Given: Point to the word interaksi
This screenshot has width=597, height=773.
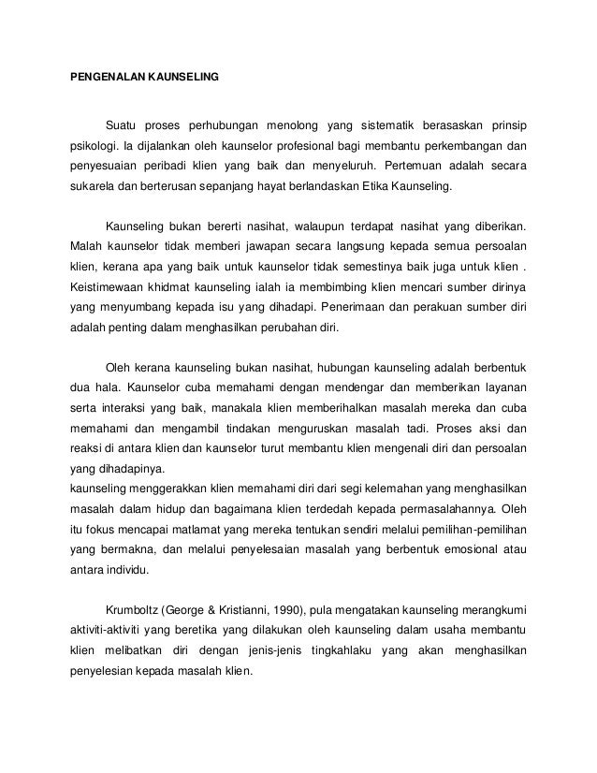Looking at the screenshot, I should pos(128,410).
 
